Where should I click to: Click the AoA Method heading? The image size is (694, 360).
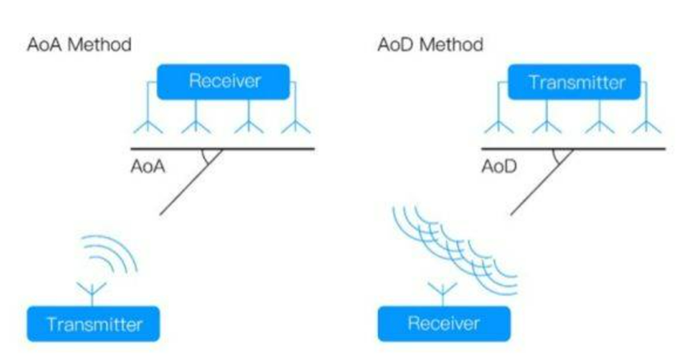coord(79,45)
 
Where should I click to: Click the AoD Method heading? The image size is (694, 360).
coord(430,45)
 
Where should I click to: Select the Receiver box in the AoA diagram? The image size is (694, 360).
coord(224,82)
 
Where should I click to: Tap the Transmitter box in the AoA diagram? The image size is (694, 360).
coord(93,324)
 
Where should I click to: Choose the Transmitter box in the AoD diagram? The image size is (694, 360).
coord(574,82)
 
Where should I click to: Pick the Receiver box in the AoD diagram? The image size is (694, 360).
coord(444,324)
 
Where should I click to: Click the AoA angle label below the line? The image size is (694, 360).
coord(148,167)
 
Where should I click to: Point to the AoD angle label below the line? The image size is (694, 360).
coord(499,167)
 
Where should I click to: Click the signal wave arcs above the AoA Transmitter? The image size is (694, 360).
coord(110,254)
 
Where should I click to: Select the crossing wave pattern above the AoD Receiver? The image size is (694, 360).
coord(455,249)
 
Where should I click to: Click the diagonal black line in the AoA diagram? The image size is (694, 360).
coord(191,182)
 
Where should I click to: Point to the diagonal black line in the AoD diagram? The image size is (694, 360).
coord(542,182)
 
